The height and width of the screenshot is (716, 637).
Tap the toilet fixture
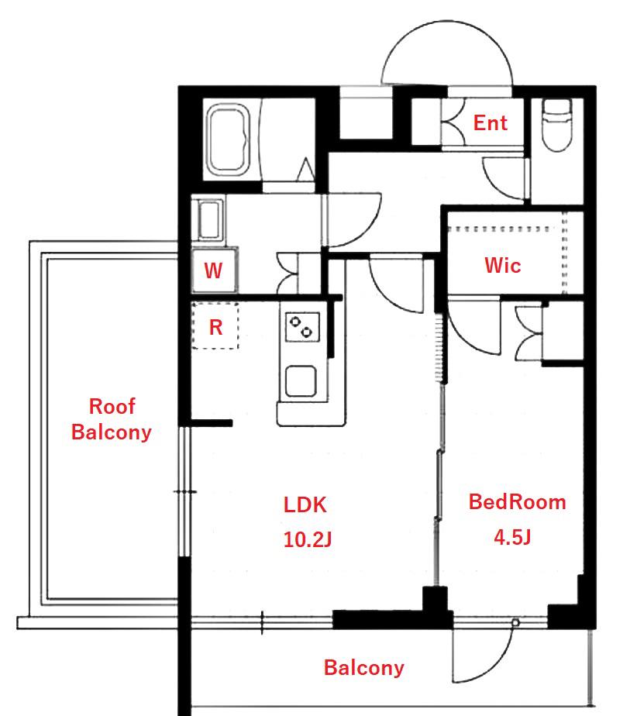pos(556,125)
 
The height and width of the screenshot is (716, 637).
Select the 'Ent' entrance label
pos(490,123)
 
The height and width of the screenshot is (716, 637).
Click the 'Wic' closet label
pos(502,265)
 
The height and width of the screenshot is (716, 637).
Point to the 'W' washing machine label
pos(213,270)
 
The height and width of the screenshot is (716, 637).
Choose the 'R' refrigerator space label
pos(215,327)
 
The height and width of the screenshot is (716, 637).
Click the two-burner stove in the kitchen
pos(302,327)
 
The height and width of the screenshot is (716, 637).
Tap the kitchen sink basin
pos(301,381)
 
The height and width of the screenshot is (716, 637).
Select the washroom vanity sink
pos(209,220)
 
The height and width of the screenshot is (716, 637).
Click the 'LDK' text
pos(305,505)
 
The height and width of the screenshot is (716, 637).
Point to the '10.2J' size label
pos(308,539)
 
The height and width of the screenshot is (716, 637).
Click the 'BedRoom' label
pos(518,502)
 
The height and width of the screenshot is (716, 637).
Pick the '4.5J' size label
pos(512,537)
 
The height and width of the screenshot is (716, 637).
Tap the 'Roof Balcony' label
pos(112,419)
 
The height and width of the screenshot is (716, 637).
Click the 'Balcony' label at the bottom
pos(364,668)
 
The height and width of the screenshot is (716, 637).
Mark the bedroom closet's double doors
pos(529,334)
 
